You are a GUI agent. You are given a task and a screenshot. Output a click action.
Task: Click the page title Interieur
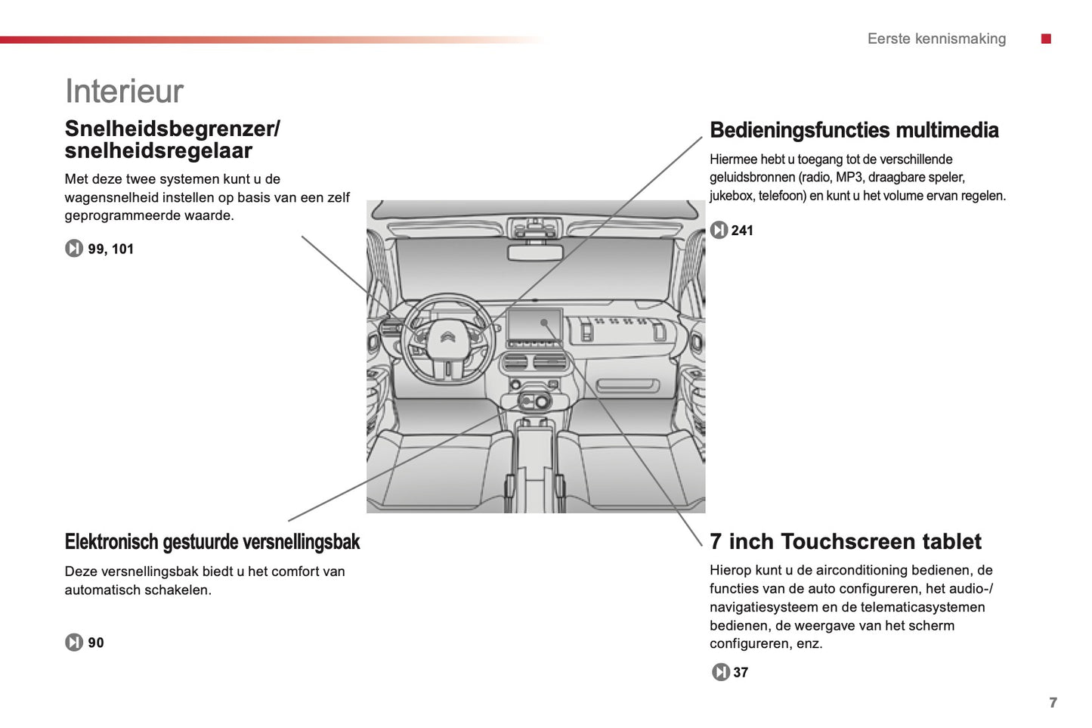pos(124,91)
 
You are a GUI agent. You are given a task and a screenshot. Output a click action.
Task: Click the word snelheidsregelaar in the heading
pos(158,150)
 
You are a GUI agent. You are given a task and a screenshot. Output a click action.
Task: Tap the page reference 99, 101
pos(110,249)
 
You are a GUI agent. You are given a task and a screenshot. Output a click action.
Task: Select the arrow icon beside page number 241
pos(719,230)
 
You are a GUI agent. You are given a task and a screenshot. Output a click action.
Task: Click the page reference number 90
pos(96,643)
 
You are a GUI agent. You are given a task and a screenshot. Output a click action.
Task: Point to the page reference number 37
pos(741,672)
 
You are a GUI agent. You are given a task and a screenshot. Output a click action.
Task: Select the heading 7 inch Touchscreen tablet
pos(845,541)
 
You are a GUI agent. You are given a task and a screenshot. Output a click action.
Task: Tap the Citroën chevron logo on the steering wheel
pos(447,337)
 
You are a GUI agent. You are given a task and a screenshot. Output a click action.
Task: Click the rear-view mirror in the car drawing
pos(534,252)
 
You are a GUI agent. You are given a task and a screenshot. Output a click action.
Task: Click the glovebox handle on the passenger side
pos(627,387)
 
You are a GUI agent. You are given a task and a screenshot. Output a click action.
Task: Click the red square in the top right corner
pos(1046,39)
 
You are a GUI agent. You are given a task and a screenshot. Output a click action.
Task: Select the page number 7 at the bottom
pos(1053,702)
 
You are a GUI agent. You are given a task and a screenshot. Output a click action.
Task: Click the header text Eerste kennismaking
pos(936,39)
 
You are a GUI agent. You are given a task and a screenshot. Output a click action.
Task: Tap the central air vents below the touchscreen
pos(534,362)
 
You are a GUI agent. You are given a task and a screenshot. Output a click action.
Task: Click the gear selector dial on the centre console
pos(542,401)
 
